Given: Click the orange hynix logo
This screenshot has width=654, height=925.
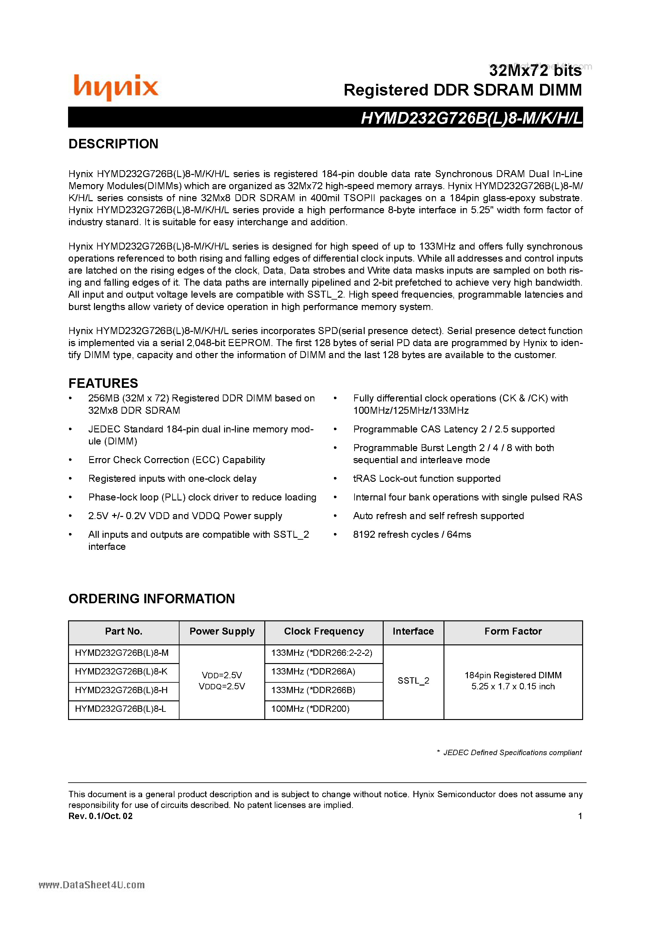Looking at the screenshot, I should [x=116, y=87].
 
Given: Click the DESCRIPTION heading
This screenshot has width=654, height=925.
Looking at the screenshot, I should [x=113, y=144].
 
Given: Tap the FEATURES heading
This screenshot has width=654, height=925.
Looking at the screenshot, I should [x=103, y=383].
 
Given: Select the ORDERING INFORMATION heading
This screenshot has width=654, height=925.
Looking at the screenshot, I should [x=152, y=599].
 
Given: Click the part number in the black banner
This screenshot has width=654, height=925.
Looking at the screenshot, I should [x=471, y=118].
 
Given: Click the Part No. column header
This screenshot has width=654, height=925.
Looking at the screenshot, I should [x=123, y=631].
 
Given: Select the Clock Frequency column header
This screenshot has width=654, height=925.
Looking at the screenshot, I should [x=324, y=631].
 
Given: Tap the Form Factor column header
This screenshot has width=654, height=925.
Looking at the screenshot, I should [x=513, y=631].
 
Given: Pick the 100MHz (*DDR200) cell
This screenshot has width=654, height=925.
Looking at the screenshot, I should [x=310, y=709].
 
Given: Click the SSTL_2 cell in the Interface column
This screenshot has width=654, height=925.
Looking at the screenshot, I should [x=413, y=681].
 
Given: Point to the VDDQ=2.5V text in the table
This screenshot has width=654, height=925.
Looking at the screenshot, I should [x=222, y=686].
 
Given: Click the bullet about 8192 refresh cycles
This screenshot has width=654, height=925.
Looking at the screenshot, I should [x=412, y=535].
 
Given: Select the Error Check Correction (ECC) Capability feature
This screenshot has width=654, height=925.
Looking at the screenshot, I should [x=177, y=460].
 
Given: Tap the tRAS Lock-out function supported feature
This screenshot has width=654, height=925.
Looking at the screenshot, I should [x=427, y=479].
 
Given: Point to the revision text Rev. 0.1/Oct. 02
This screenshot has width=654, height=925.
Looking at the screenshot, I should [x=100, y=816].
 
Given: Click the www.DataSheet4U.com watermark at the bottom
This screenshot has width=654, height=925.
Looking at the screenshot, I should [x=91, y=885].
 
